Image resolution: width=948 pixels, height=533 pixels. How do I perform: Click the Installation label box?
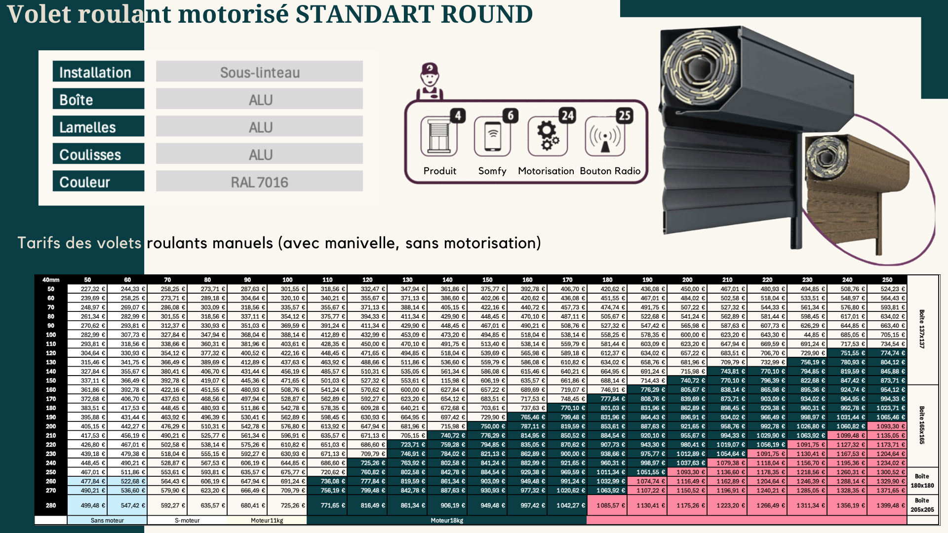coord(98,72)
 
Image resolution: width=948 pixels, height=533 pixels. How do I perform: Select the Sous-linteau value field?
coord(259,72)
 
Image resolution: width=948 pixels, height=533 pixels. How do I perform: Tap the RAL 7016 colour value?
coord(259,182)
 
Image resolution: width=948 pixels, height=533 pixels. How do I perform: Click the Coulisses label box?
coord(98,154)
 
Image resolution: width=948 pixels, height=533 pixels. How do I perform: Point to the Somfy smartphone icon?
coord(492,137)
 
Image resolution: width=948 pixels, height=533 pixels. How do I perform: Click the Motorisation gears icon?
coord(548,136)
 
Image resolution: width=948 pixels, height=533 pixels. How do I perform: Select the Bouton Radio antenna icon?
coord(605,138)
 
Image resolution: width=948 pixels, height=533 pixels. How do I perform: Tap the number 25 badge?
coord(625,115)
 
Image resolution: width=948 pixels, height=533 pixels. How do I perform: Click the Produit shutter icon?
coord(438,137)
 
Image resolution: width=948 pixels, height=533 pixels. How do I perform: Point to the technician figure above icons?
coord(430,80)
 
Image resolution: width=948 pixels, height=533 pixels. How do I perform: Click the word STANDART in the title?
coord(363,14)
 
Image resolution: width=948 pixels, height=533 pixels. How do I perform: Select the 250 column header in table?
coord(887,280)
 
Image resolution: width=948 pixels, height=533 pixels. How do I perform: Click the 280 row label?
coord(51,505)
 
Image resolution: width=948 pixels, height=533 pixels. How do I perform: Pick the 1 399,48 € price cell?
coord(887,505)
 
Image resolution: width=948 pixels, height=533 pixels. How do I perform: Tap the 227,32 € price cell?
coord(87,289)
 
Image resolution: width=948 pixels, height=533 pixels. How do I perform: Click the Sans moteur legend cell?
coord(107,520)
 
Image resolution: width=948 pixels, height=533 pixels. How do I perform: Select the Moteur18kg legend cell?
coord(446,520)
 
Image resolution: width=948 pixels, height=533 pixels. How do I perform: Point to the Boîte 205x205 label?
coord(922,505)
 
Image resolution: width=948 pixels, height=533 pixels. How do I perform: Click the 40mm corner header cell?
coord(51,280)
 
